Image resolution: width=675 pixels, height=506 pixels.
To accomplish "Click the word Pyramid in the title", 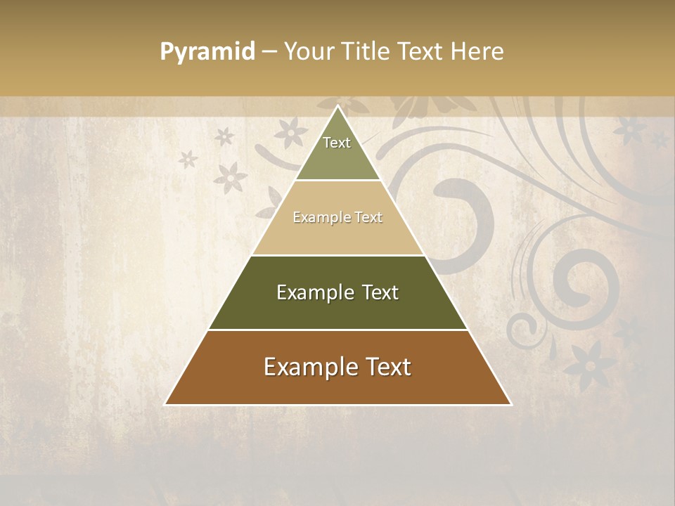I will (207, 52).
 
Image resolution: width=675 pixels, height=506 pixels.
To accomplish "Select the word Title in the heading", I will (366, 51).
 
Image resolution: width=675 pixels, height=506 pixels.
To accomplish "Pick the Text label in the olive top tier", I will (337, 143).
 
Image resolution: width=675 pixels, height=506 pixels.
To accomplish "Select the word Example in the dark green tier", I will (312, 292).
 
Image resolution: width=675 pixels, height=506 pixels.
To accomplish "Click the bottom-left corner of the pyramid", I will (165, 404).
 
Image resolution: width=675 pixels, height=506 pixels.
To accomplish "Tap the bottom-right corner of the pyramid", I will (511, 404).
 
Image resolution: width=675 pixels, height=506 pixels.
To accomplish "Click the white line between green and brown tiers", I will (337, 330).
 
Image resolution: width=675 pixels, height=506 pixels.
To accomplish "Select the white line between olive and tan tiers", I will (337, 180).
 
